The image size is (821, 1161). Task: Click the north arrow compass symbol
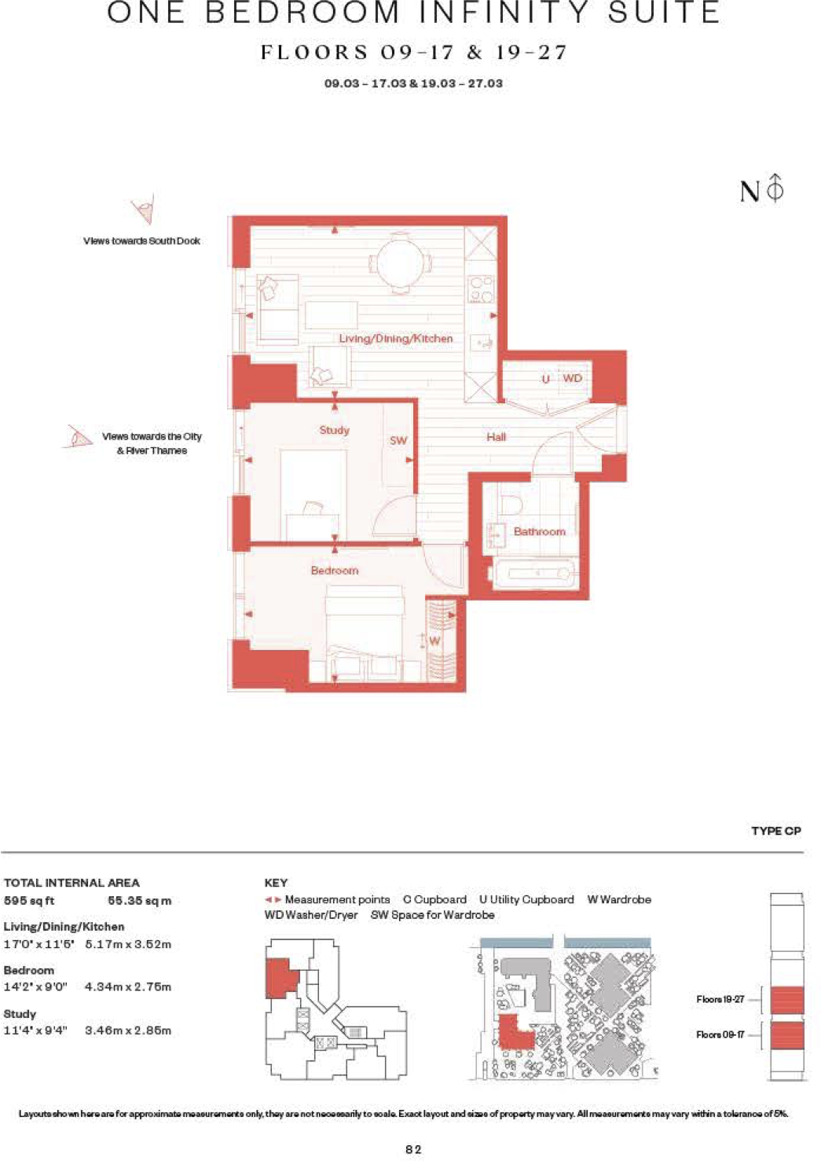click(x=775, y=189)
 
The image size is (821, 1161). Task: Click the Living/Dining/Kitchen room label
click(x=395, y=339)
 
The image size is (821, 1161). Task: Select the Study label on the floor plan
click(x=334, y=430)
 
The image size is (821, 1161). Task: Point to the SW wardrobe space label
click(x=398, y=440)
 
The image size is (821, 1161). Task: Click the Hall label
click(x=496, y=437)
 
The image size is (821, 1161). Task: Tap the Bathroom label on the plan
click(x=539, y=531)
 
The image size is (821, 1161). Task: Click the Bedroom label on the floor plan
click(x=335, y=571)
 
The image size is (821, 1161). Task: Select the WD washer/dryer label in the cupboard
click(x=572, y=378)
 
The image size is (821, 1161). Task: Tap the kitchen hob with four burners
click(x=481, y=288)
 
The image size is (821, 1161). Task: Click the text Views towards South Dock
click(x=141, y=241)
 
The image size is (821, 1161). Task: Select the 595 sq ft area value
click(x=29, y=901)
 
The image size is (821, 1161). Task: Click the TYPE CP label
click(x=775, y=831)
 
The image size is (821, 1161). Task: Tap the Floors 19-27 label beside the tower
click(x=720, y=999)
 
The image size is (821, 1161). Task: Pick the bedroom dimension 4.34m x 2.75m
click(x=128, y=986)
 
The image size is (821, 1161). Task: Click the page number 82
click(x=413, y=1149)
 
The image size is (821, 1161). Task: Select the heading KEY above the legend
click(x=276, y=883)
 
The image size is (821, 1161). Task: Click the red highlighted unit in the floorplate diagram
click(x=281, y=977)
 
